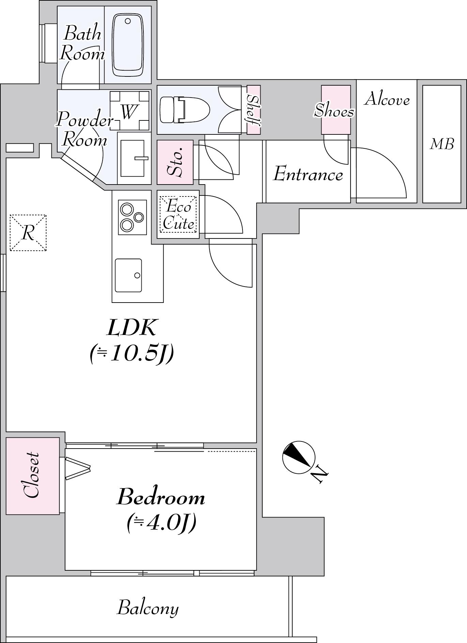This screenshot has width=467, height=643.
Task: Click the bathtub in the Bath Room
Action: tap(127, 45)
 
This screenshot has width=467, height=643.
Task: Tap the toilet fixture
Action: tap(184, 109)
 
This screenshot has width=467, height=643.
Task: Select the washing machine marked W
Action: tap(130, 111)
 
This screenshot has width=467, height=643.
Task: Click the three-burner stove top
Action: tap(133, 217)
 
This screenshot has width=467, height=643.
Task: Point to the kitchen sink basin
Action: tap(128, 275)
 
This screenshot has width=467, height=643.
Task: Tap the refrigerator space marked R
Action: tap(28, 233)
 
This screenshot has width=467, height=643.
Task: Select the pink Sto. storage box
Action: tap(175, 162)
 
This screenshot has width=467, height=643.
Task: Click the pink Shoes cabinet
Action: tap(336, 109)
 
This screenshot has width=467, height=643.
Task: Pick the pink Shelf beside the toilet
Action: tap(254, 109)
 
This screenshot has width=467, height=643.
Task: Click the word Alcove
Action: tap(387, 99)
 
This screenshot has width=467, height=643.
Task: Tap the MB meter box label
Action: tap(442, 144)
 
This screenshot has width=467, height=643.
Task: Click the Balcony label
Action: tap(148, 608)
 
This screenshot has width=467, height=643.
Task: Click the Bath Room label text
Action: tap(82, 43)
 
